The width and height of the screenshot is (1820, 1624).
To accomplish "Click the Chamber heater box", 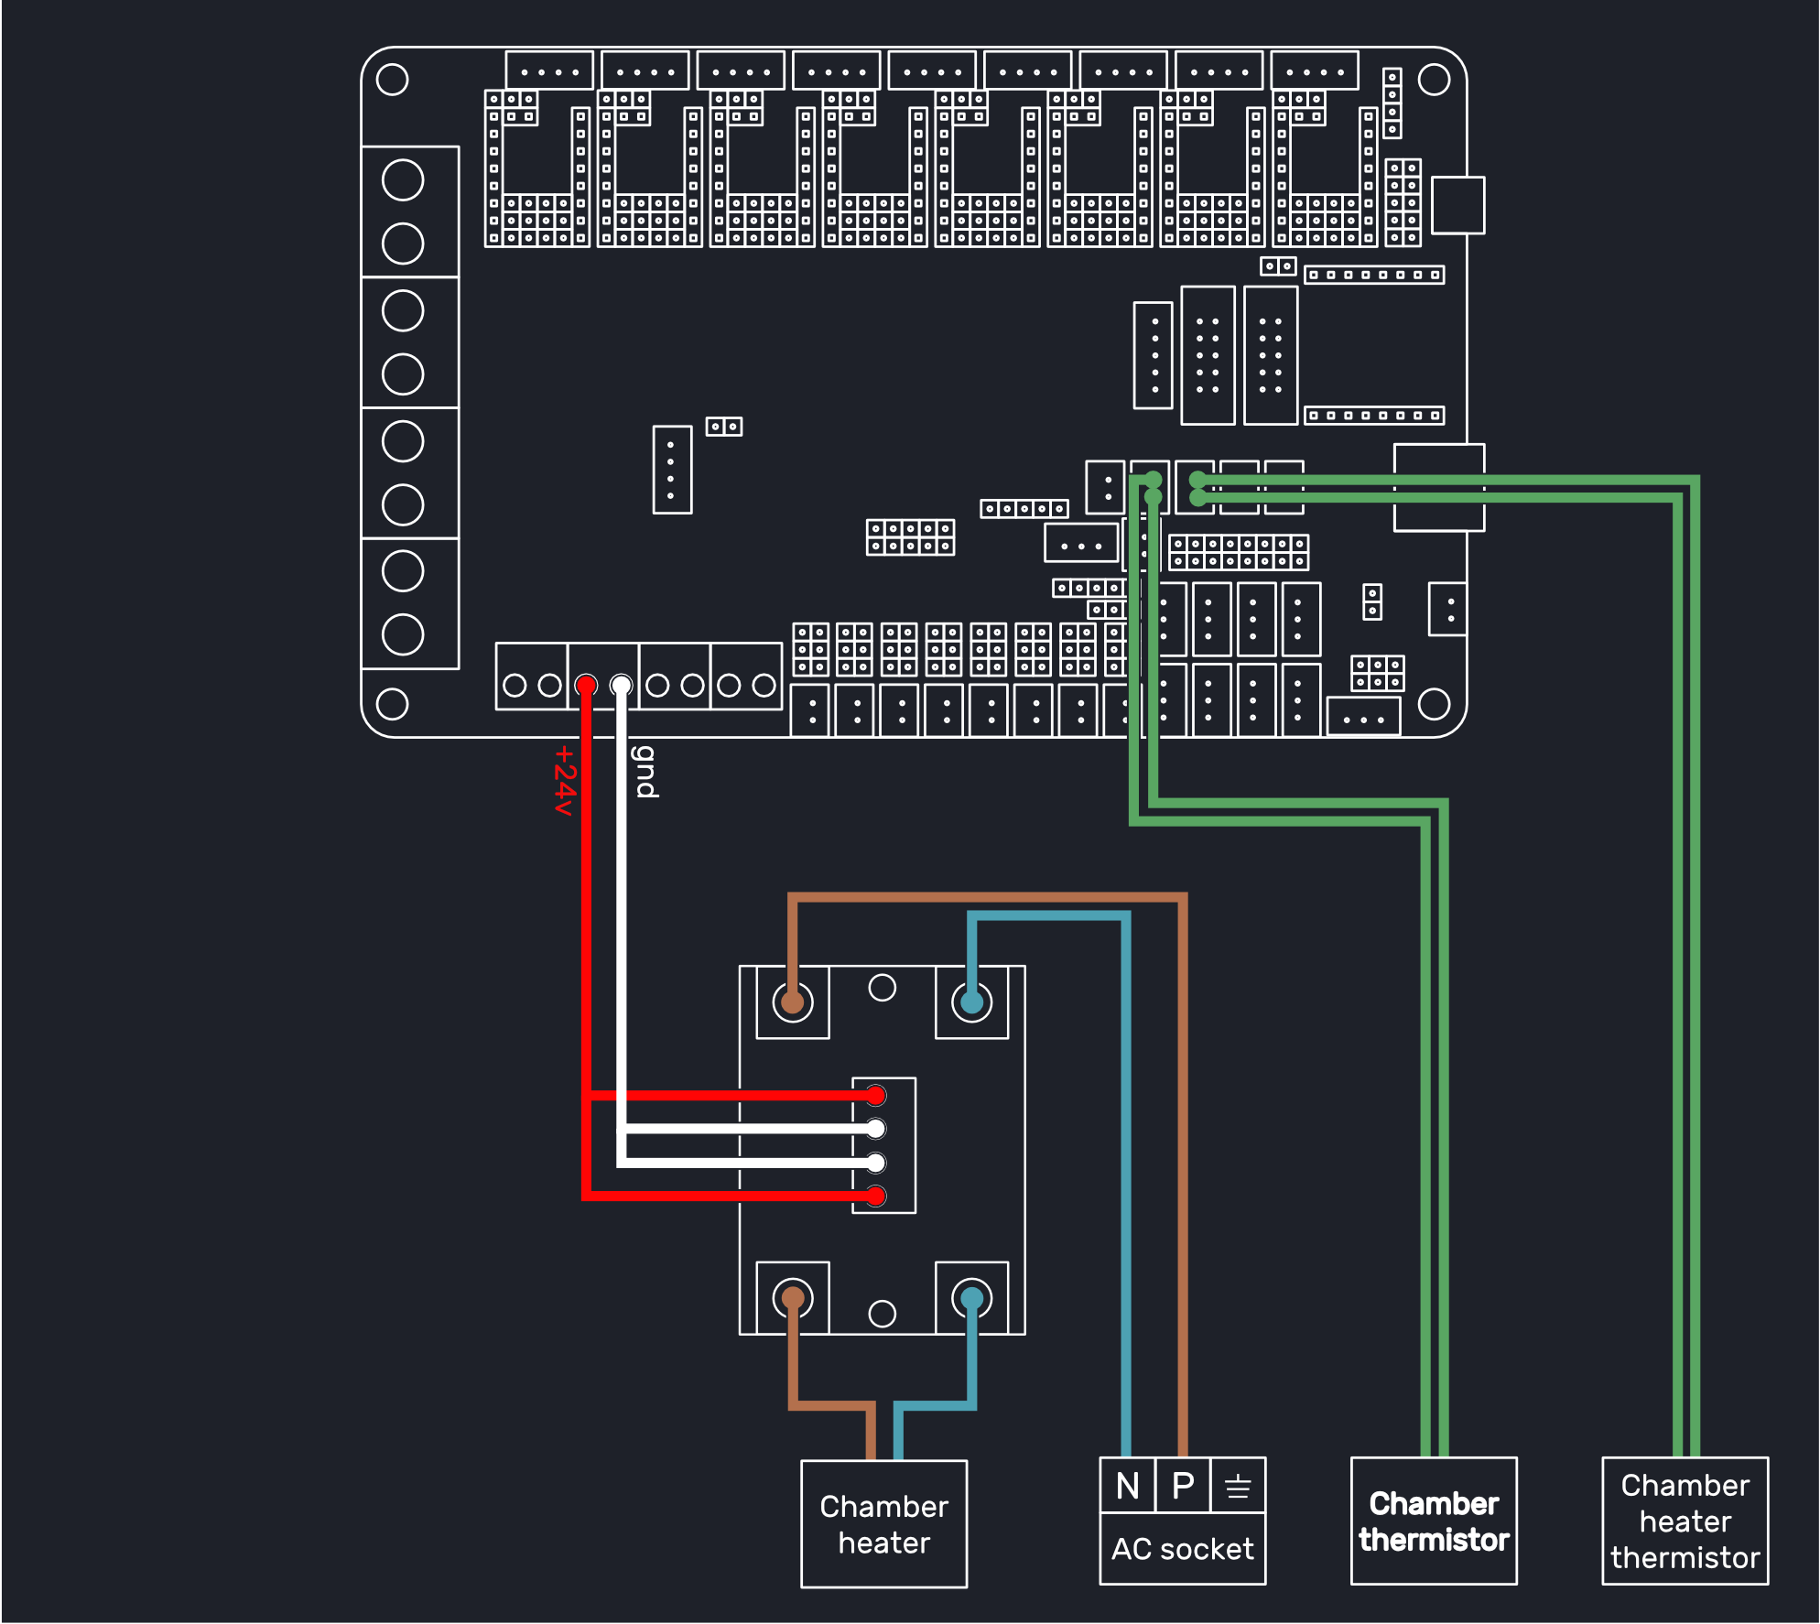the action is pos(883,1523).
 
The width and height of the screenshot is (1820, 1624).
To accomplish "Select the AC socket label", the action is pos(1182,1549).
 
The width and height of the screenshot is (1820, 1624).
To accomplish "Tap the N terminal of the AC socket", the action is pos(1127,1485).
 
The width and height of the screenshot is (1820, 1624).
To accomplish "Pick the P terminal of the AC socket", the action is pos(1183,1485).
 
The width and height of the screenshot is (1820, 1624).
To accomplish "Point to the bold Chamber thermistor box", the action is pos(1434,1521).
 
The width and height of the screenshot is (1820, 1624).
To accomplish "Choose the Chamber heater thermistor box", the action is pos(1685,1521).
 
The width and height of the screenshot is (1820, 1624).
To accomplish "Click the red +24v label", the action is pos(564,780).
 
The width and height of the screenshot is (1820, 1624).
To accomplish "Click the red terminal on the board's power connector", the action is pos(586,685).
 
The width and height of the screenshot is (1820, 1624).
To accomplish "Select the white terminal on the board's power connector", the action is pos(621,685).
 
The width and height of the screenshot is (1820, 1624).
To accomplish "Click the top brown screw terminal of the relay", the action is pos(793,1001).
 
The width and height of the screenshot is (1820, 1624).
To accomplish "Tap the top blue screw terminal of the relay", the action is pos(971,1001).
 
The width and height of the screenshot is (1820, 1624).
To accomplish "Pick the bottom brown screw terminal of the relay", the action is pos(793,1298).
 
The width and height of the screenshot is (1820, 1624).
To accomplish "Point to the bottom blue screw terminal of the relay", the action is pos(971,1298).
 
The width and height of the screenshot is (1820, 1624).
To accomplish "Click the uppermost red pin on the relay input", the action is pos(876,1095).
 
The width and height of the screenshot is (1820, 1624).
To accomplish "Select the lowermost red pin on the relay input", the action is pos(876,1196).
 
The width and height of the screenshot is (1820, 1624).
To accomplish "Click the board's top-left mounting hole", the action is pos(392,80).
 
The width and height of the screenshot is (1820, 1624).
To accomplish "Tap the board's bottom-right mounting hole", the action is pos(1434,704).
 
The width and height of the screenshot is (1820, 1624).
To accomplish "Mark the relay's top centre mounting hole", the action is pos(882,988).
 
